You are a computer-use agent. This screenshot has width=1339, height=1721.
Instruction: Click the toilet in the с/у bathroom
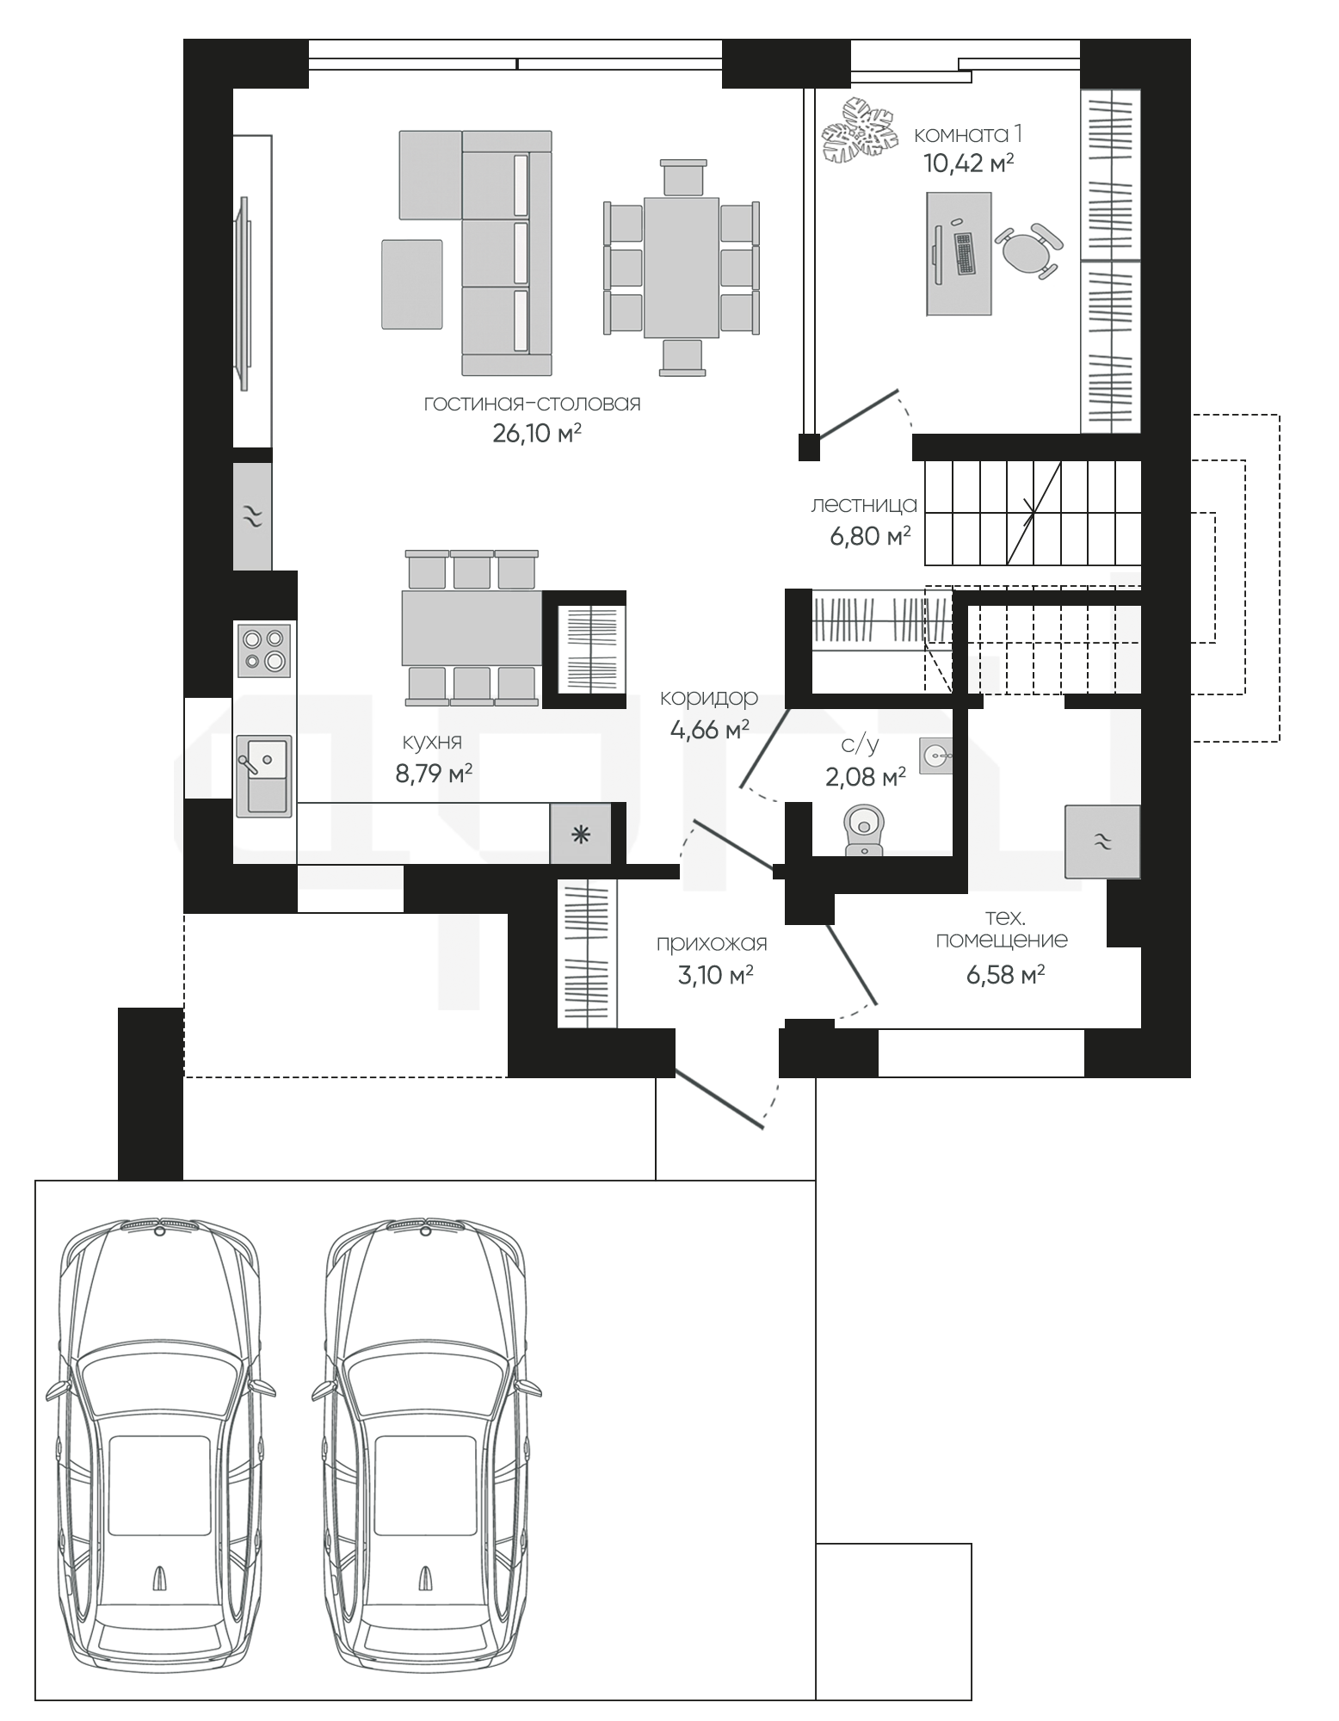point(864,831)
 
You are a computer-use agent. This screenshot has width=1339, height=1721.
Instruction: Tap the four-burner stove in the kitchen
point(264,651)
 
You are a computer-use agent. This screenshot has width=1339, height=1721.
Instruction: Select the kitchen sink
point(264,775)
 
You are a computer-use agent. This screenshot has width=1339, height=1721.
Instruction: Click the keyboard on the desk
point(965,254)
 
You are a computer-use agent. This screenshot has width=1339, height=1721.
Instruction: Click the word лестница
point(864,505)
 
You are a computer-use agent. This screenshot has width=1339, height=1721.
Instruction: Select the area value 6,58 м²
point(1005,974)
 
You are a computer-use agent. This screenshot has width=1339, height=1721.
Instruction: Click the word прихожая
point(712,944)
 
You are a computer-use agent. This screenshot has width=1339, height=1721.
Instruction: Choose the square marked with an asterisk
point(581,834)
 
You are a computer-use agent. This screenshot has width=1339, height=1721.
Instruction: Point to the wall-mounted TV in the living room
point(244,293)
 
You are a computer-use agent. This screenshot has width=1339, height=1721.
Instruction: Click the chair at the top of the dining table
point(683,178)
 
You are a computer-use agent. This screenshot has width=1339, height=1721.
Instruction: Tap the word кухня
point(432,742)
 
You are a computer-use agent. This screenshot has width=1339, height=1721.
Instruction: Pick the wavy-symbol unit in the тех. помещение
point(1102,842)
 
